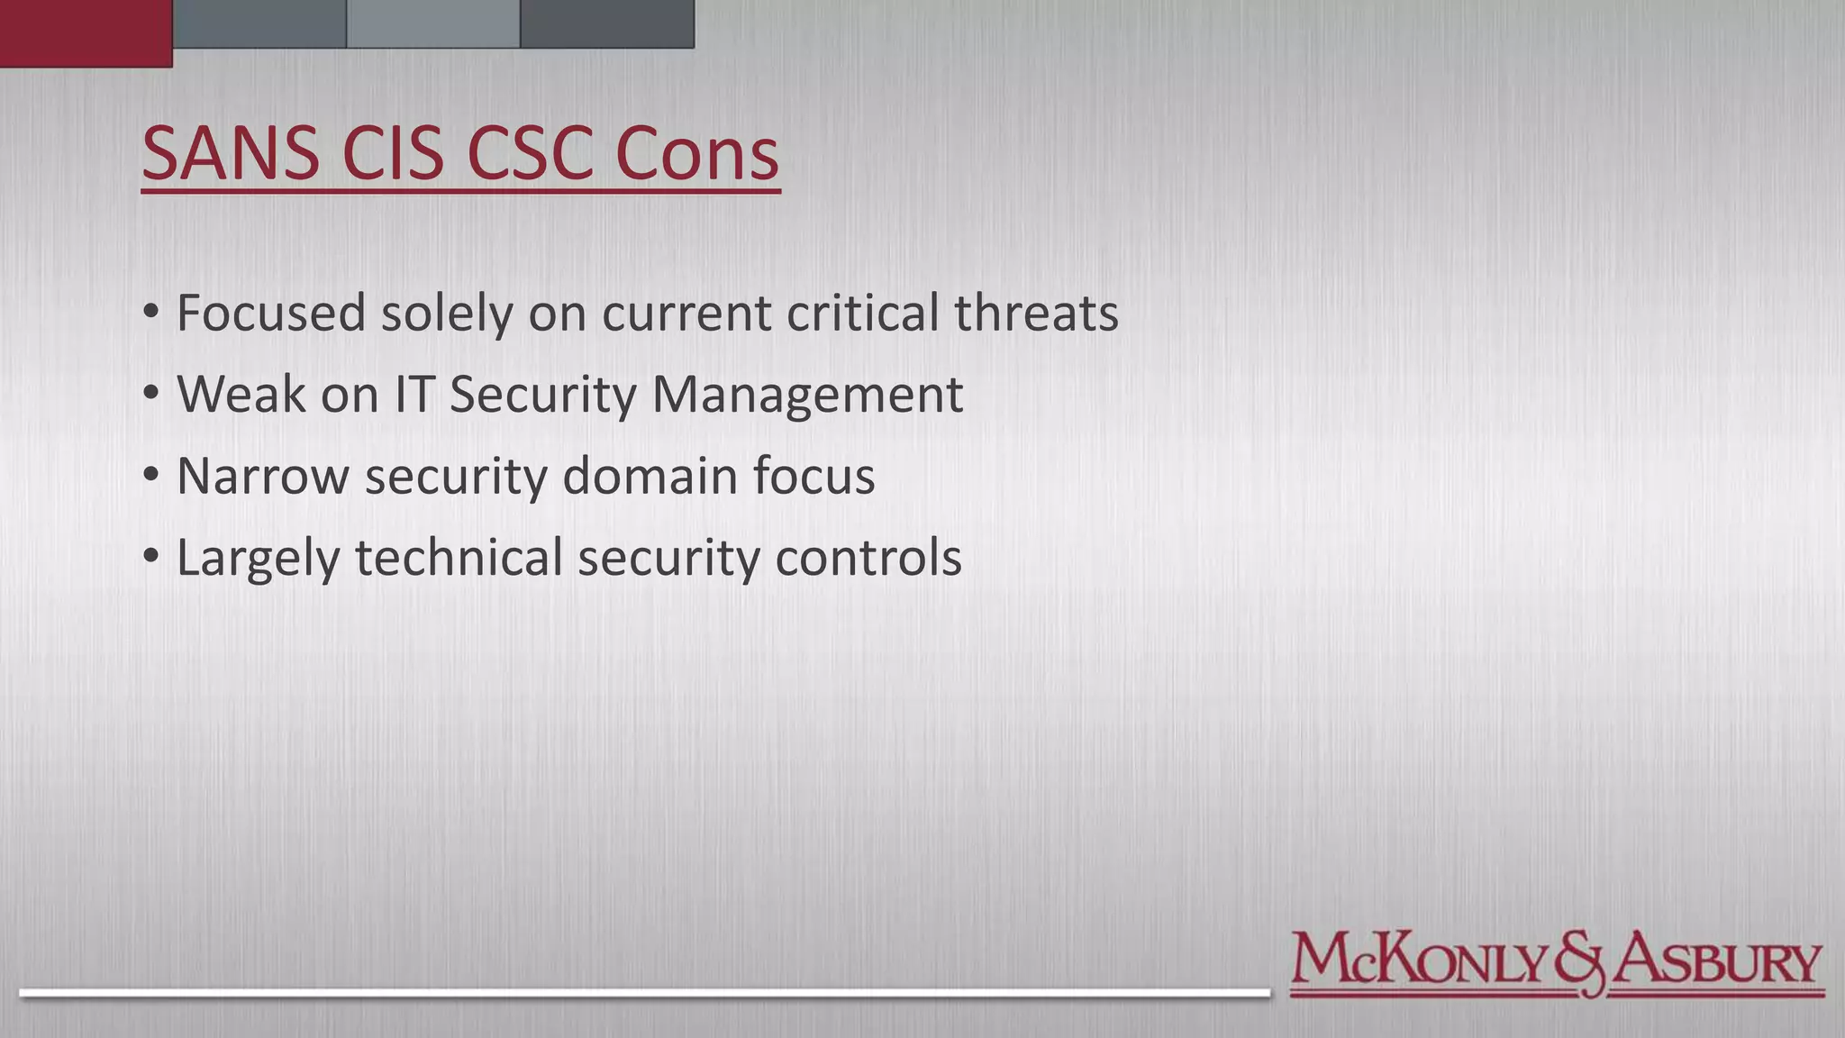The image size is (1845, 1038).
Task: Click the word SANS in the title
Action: click(x=231, y=153)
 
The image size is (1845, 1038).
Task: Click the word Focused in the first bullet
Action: click(x=271, y=313)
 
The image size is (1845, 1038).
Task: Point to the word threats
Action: click(x=1036, y=313)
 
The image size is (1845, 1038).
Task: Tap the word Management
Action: click(x=807, y=396)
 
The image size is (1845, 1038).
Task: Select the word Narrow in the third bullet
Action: click(x=262, y=476)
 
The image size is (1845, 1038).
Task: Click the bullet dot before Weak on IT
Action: click(x=151, y=394)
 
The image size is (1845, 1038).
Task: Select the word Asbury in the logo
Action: click(x=1717, y=961)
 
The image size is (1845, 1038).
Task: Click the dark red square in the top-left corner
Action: click(x=86, y=33)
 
